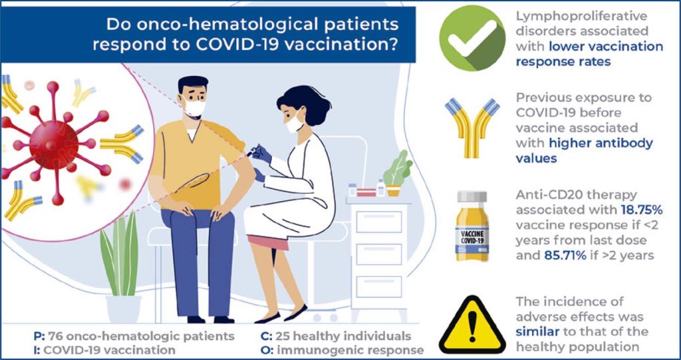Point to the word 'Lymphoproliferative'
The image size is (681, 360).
point(572,16)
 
